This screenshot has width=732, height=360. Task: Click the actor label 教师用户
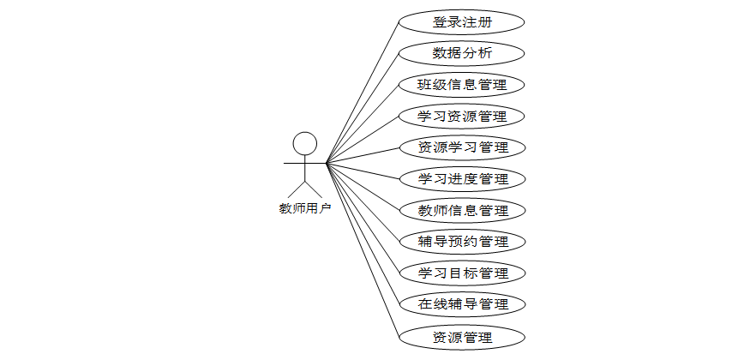(x=305, y=208)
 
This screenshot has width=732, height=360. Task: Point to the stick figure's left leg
(x=297, y=189)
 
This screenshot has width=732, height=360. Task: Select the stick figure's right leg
(x=314, y=189)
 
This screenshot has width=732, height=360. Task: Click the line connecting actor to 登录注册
(x=363, y=93)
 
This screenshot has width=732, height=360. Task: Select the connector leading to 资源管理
(x=363, y=250)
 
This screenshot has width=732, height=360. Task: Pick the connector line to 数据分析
(x=363, y=108)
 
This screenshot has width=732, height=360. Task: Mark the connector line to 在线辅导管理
(x=363, y=234)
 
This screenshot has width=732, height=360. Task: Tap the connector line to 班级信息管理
(x=363, y=124)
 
